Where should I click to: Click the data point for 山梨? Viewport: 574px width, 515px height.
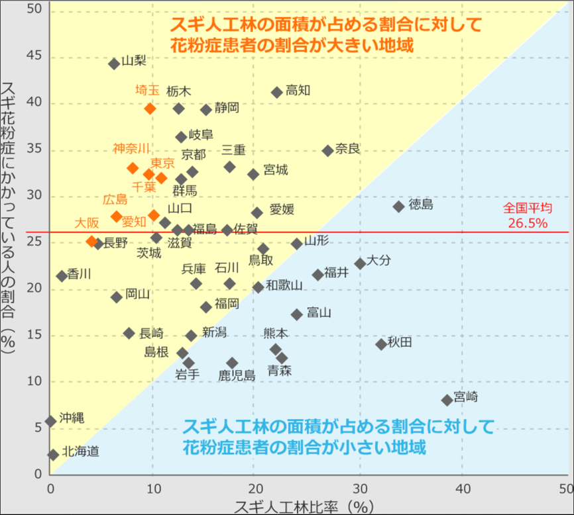pyautogui.click(x=114, y=64)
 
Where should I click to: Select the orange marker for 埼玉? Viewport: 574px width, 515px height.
pyautogui.click(x=150, y=109)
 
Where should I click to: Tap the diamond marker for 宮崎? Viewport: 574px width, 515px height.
pyautogui.click(x=447, y=400)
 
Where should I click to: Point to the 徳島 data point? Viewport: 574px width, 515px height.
pyautogui.click(x=398, y=207)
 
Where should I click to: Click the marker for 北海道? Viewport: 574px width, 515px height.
pyautogui.click(x=54, y=455)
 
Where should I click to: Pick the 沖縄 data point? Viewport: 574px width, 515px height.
pyautogui.click(x=51, y=422)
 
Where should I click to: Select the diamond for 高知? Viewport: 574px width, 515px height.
pyautogui.click(x=277, y=93)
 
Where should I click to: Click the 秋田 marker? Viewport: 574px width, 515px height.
pyautogui.click(x=381, y=344)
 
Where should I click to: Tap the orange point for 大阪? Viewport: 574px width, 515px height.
pyautogui.click(x=92, y=241)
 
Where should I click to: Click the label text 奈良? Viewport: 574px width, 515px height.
pyautogui.click(x=348, y=149)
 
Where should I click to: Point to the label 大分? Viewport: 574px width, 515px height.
pyautogui.click(x=378, y=260)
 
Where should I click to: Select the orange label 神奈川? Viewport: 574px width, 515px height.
pyautogui.click(x=131, y=148)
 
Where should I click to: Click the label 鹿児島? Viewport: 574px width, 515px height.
pyautogui.click(x=237, y=375)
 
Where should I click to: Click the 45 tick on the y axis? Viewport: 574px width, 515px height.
pyautogui.click(x=33, y=56)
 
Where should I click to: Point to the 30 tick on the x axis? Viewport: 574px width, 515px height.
pyautogui.click(x=360, y=489)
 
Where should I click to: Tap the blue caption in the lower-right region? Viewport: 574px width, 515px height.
pyautogui.click(x=337, y=436)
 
